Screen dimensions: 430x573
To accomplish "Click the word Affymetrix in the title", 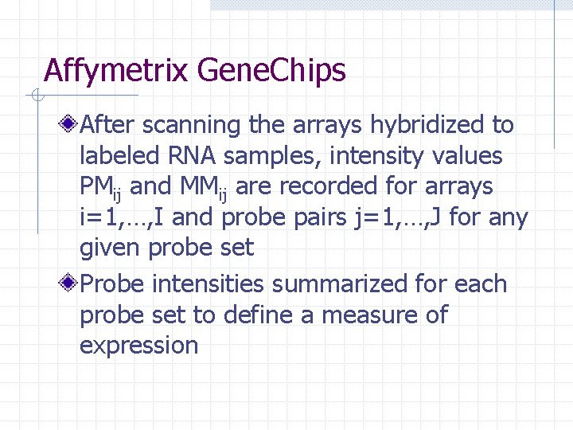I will (115, 72).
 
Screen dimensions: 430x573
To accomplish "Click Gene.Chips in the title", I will (271, 72).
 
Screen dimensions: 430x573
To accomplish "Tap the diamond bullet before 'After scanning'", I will (71, 125).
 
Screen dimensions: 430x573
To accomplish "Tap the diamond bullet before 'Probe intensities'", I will (71, 284).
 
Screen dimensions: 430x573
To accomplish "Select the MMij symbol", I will (205, 188).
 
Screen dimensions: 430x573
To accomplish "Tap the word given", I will (111, 248).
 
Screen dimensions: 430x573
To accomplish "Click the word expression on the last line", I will (138, 346).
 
